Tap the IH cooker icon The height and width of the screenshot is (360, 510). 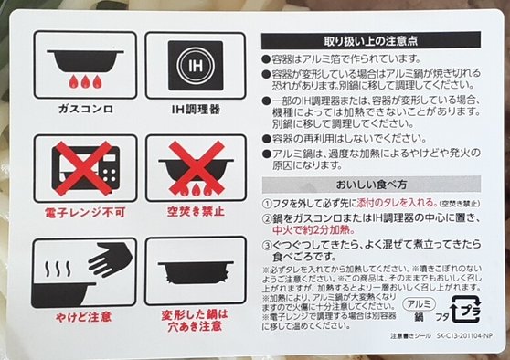195,65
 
